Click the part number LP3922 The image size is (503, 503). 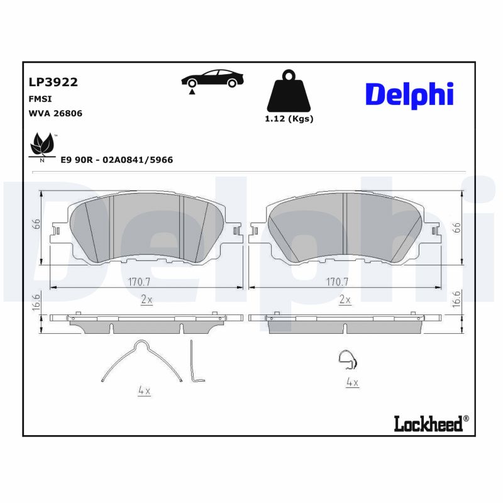click(x=53, y=82)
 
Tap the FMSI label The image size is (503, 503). click(x=40, y=99)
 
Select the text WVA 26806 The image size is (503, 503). click(x=55, y=114)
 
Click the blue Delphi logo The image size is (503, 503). click(x=409, y=94)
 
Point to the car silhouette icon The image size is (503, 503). click(x=213, y=80)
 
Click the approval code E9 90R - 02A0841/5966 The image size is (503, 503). click(x=116, y=160)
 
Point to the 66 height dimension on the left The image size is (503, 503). click(x=37, y=224)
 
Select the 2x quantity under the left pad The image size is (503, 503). click(x=146, y=300)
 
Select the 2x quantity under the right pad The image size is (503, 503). click(x=345, y=300)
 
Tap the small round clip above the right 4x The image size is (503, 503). click(x=347, y=359)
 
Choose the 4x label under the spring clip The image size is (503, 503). click(x=144, y=391)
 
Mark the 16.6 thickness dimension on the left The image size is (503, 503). click(x=37, y=301)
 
